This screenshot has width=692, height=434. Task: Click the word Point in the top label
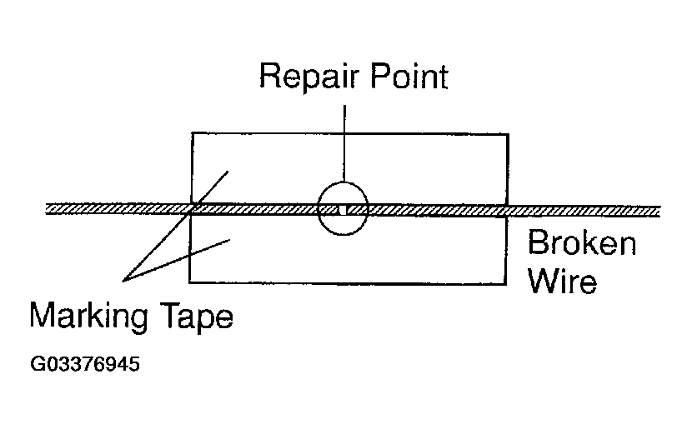click(x=406, y=77)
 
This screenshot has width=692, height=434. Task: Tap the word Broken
click(x=582, y=243)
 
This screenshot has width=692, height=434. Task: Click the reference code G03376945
click(x=84, y=364)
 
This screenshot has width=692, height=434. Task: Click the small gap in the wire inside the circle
click(x=343, y=209)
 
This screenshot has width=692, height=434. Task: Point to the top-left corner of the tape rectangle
click(x=192, y=133)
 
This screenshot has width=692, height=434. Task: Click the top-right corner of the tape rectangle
click(x=507, y=133)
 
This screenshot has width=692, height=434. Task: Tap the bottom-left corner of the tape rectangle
click(x=190, y=282)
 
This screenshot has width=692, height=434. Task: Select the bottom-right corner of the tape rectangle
click(x=506, y=282)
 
